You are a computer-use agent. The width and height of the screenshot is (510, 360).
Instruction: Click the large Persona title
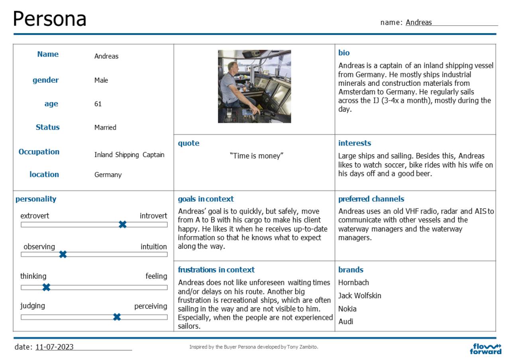pos(50,19)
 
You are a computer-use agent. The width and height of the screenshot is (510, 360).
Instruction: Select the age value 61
pos(98,104)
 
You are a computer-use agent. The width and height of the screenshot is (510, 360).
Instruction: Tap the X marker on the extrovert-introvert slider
pos(123,224)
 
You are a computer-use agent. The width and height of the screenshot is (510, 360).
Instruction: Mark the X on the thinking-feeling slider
pos(46,287)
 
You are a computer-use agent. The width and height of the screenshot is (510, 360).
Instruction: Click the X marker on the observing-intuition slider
pos(63,254)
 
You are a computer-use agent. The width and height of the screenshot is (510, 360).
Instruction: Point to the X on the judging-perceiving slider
pos(117,317)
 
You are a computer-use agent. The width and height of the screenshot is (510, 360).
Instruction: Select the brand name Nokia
pos(347,309)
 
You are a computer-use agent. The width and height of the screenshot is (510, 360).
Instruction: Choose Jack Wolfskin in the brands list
pos(360,296)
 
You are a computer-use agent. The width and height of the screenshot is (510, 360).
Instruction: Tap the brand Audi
pos(346,321)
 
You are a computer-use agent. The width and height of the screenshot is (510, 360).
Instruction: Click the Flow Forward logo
pos(486,348)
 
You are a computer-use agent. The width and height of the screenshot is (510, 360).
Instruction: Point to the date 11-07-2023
pos(55,347)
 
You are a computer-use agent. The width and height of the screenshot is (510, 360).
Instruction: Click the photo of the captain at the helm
pos(254,86)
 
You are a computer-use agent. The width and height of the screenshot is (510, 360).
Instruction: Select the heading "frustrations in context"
pos(216,270)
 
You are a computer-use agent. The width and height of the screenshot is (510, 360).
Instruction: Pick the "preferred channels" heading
pos(371,199)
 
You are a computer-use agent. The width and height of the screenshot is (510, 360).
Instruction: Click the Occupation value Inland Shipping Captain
pos(129,155)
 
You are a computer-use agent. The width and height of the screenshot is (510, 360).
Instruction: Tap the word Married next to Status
pos(105,128)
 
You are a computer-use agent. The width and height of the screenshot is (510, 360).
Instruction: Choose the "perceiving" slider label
pos(151,306)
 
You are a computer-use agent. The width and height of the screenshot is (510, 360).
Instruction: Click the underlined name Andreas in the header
pos(419,23)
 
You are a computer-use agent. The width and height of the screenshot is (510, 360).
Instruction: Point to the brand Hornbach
pos(354,283)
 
